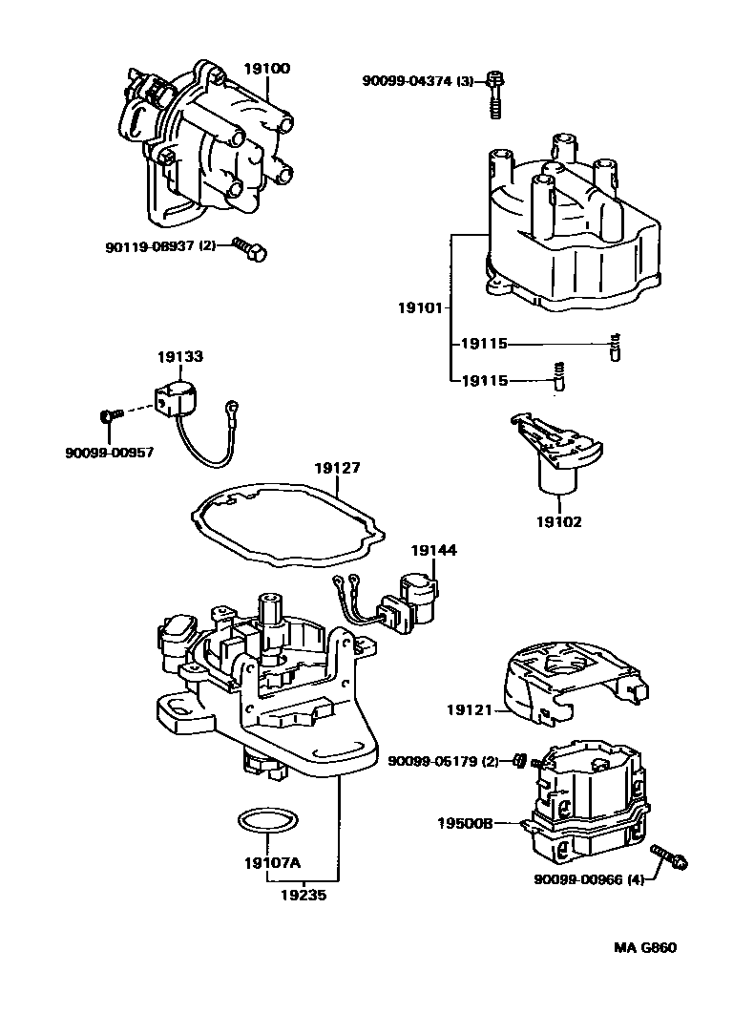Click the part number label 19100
tap(267, 69)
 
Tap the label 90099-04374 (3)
tap(418, 81)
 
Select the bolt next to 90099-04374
tap(494, 95)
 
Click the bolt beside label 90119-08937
tap(251, 249)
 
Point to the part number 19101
tap(421, 307)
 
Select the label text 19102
tap(558, 522)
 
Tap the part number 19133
tap(180, 356)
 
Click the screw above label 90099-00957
tap(109, 415)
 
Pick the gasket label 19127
tap(338, 468)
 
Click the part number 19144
tap(434, 550)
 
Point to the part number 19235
tap(304, 896)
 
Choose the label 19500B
tap(465, 822)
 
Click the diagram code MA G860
tap(644, 948)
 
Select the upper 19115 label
tap(484, 344)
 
